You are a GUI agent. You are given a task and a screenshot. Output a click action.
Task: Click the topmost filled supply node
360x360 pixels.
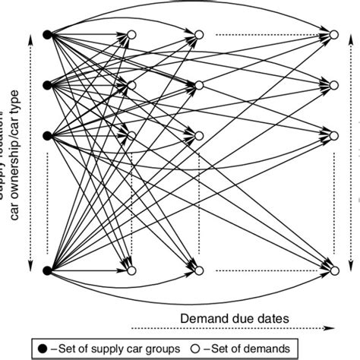(47, 34)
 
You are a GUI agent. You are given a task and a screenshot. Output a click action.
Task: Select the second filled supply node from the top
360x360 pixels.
(47, 84)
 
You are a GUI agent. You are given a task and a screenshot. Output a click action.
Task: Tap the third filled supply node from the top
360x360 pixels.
(47, 136)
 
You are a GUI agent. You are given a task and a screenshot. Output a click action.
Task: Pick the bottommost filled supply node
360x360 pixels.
(47, 270)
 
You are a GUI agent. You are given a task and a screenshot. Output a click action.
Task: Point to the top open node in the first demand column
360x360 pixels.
(131, 34)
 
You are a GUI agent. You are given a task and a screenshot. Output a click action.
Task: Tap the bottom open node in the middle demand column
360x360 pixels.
(199, 270)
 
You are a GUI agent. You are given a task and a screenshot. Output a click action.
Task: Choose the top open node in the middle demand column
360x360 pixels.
(199, 34)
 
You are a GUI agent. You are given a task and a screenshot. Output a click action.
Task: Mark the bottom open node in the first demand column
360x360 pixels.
(131, 270)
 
